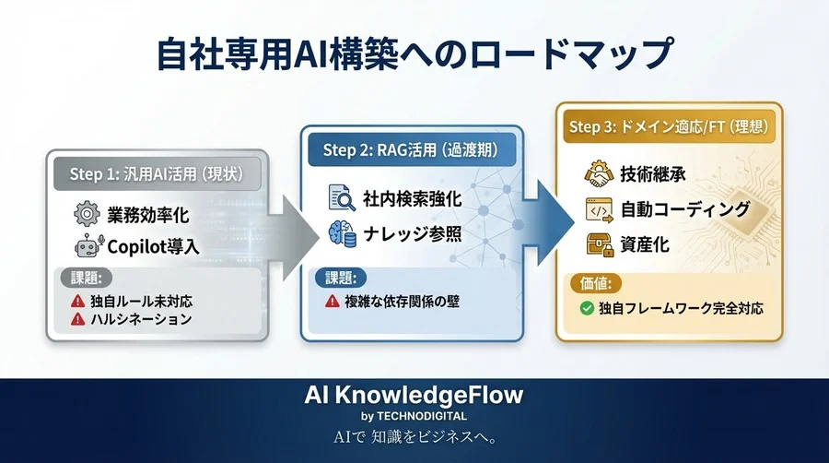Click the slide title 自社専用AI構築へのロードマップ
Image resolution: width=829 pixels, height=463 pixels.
[414, 53]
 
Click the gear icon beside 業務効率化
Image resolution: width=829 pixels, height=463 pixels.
[86, 216]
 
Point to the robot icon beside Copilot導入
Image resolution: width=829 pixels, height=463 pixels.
[86, 246]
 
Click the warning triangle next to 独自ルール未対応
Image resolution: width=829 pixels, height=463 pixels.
[77, 302]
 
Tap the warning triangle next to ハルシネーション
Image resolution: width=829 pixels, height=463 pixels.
[77, 320]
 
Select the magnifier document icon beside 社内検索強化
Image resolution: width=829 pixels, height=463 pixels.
[340, 197]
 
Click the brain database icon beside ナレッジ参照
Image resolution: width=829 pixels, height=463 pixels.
[340, 233]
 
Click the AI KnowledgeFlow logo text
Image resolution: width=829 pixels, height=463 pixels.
[414, 396]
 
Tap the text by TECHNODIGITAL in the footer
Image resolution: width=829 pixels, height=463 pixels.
[414, 416]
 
